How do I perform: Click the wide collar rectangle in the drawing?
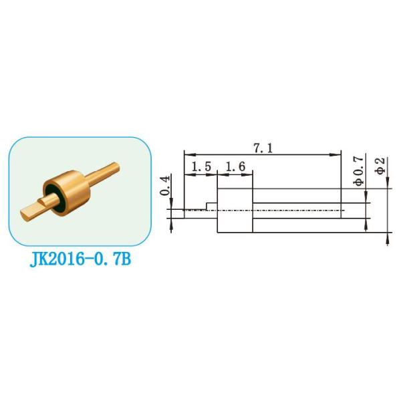coord(236,210)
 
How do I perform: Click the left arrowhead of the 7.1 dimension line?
coord(186,155)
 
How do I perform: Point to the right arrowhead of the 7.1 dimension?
coord(339,155)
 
